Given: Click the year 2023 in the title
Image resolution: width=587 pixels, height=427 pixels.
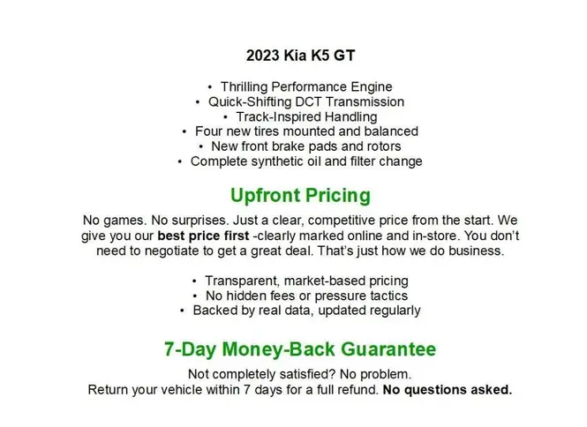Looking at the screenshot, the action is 263,56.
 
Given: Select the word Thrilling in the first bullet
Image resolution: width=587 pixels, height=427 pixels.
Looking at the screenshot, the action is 245,87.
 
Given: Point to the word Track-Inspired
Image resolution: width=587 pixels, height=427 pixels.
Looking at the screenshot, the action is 278,117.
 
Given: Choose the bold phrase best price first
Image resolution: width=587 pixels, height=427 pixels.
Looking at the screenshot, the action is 203,236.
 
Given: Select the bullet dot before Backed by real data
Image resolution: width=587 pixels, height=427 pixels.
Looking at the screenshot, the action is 182,311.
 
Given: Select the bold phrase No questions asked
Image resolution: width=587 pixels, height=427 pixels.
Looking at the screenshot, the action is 448,390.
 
